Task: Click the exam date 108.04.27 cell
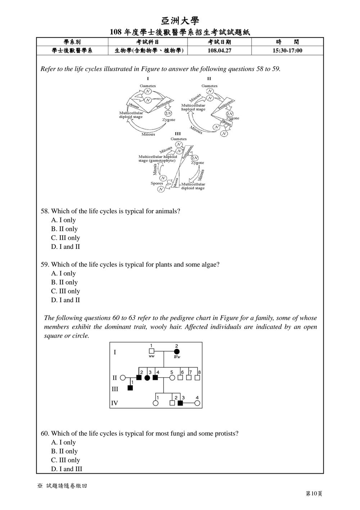click(219, 51)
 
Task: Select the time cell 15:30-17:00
click(287, 51)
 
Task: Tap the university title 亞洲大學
click(180, 21)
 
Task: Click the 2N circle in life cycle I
click(168, 113)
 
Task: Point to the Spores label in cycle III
click(157, 183)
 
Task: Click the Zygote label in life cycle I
click(168, 120)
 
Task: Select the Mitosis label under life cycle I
click(148, 134)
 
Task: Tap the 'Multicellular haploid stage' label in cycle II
click(193, 107)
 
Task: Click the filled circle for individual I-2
click(177, 352)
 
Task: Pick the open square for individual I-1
click(151, 351)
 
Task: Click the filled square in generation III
click(130, 388)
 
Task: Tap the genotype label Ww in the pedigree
click(177, 357)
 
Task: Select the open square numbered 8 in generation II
click(198, 378)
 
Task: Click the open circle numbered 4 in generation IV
click(197, 403)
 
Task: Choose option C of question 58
click(66, 238)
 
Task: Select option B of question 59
click(64, 282)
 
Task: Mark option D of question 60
click(67, 469)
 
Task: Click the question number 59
click(45, 265)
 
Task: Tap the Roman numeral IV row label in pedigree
click(114, 403)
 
